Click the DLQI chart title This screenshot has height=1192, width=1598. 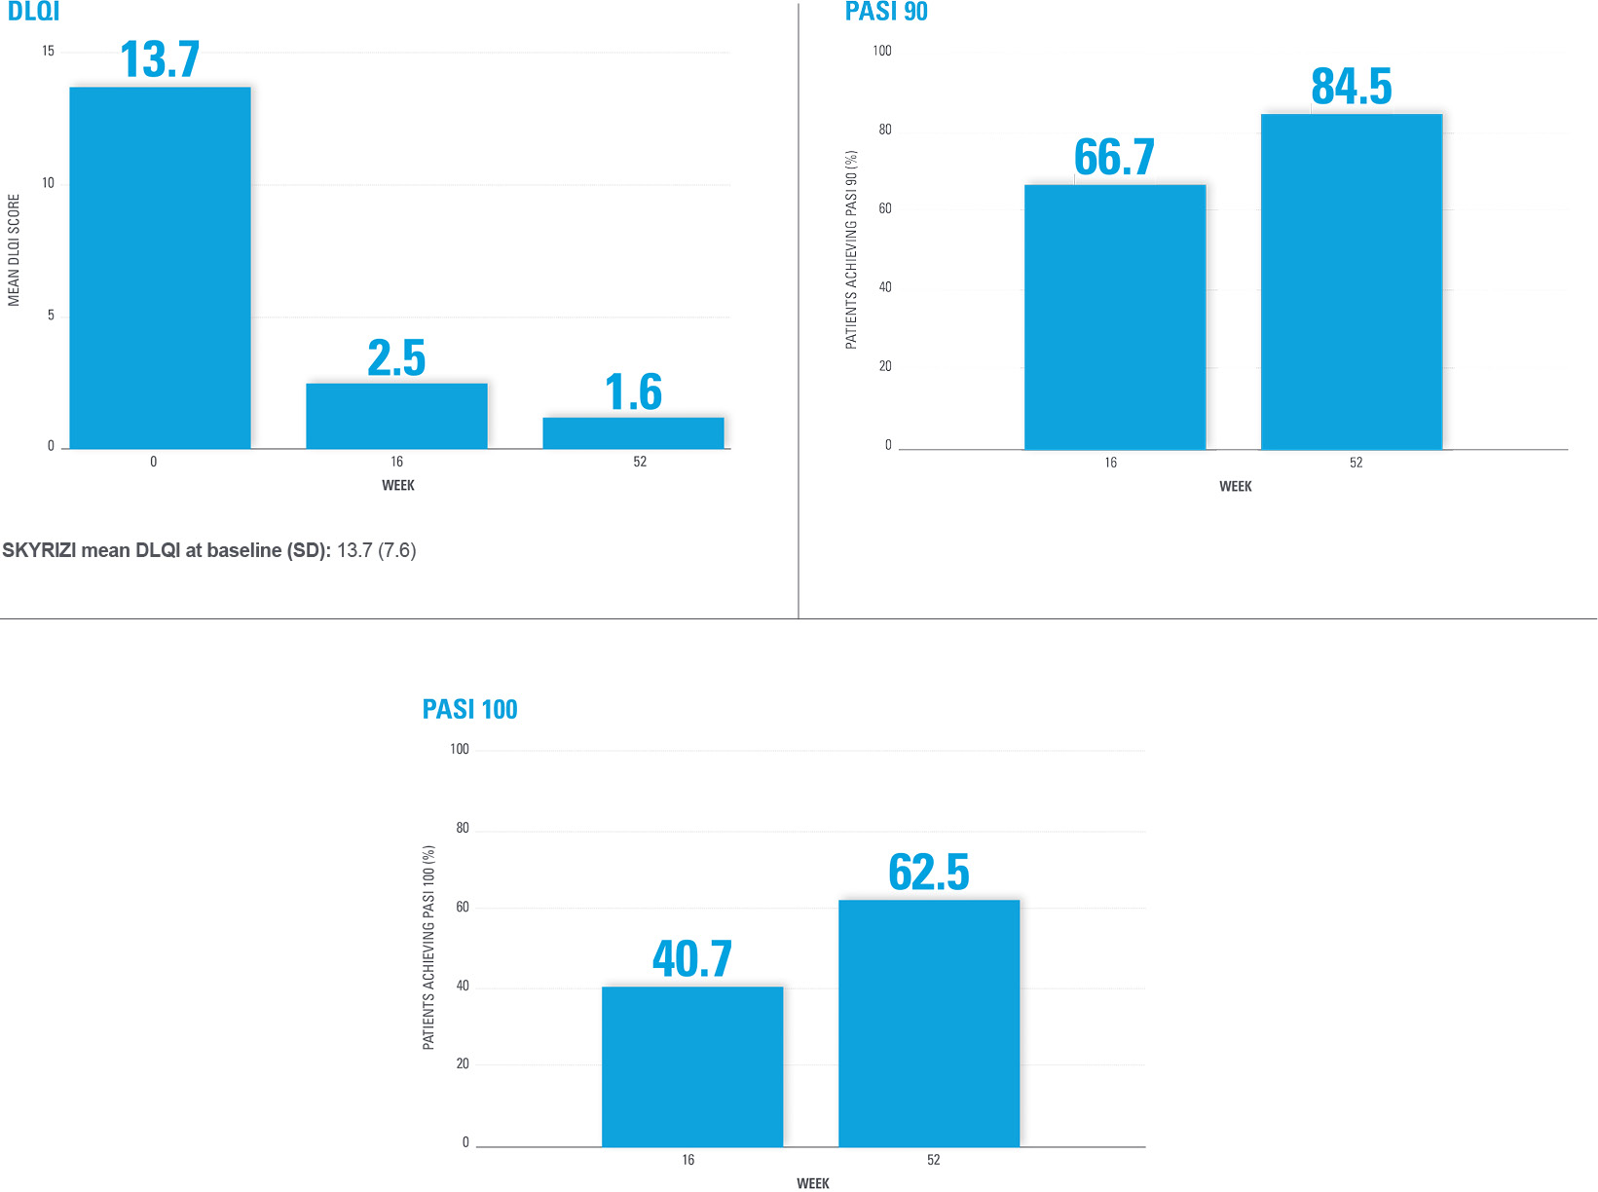(x=34, y=12)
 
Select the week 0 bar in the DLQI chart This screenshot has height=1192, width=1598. (x=160, y=268)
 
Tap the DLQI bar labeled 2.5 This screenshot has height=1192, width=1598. (x=396, y=416)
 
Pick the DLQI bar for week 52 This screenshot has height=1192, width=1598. (x=633, y=433)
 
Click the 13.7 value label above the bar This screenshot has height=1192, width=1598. (x=160, y=60)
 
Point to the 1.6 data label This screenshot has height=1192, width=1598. (x=633, y=392)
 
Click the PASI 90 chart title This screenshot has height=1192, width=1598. (x=886, y=12)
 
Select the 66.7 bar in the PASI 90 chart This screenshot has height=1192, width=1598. (x=1115, y=317)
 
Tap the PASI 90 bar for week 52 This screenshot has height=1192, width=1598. (x=1352, y=282)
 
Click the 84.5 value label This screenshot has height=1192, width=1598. (x=1352, y=87)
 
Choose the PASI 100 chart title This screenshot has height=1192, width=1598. (x=469, y=709)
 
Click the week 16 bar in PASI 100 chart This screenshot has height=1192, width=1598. (x=692, y=1066)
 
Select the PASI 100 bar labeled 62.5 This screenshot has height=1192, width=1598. (x=929, y=1023)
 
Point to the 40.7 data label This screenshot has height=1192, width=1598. (x=692, y=959)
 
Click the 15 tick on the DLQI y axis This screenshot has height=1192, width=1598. (x=48, y=52)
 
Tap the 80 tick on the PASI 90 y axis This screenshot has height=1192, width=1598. (x=884, y=130)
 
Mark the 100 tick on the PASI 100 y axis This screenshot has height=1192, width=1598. (x=459, y=749)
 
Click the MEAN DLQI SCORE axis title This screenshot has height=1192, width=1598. (x=14, y=250)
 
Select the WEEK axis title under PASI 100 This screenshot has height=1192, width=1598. (x=813, y=1183)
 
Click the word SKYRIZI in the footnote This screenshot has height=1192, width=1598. (x=39, y=550)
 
